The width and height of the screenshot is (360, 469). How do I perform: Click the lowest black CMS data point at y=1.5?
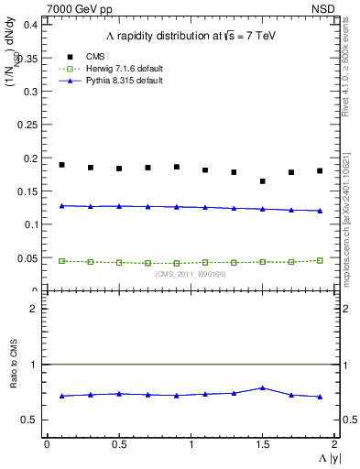263,181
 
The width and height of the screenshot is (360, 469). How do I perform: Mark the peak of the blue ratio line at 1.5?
263,387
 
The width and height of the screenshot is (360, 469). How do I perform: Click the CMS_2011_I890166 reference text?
190,274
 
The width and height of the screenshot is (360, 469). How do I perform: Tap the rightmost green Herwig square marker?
320,260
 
